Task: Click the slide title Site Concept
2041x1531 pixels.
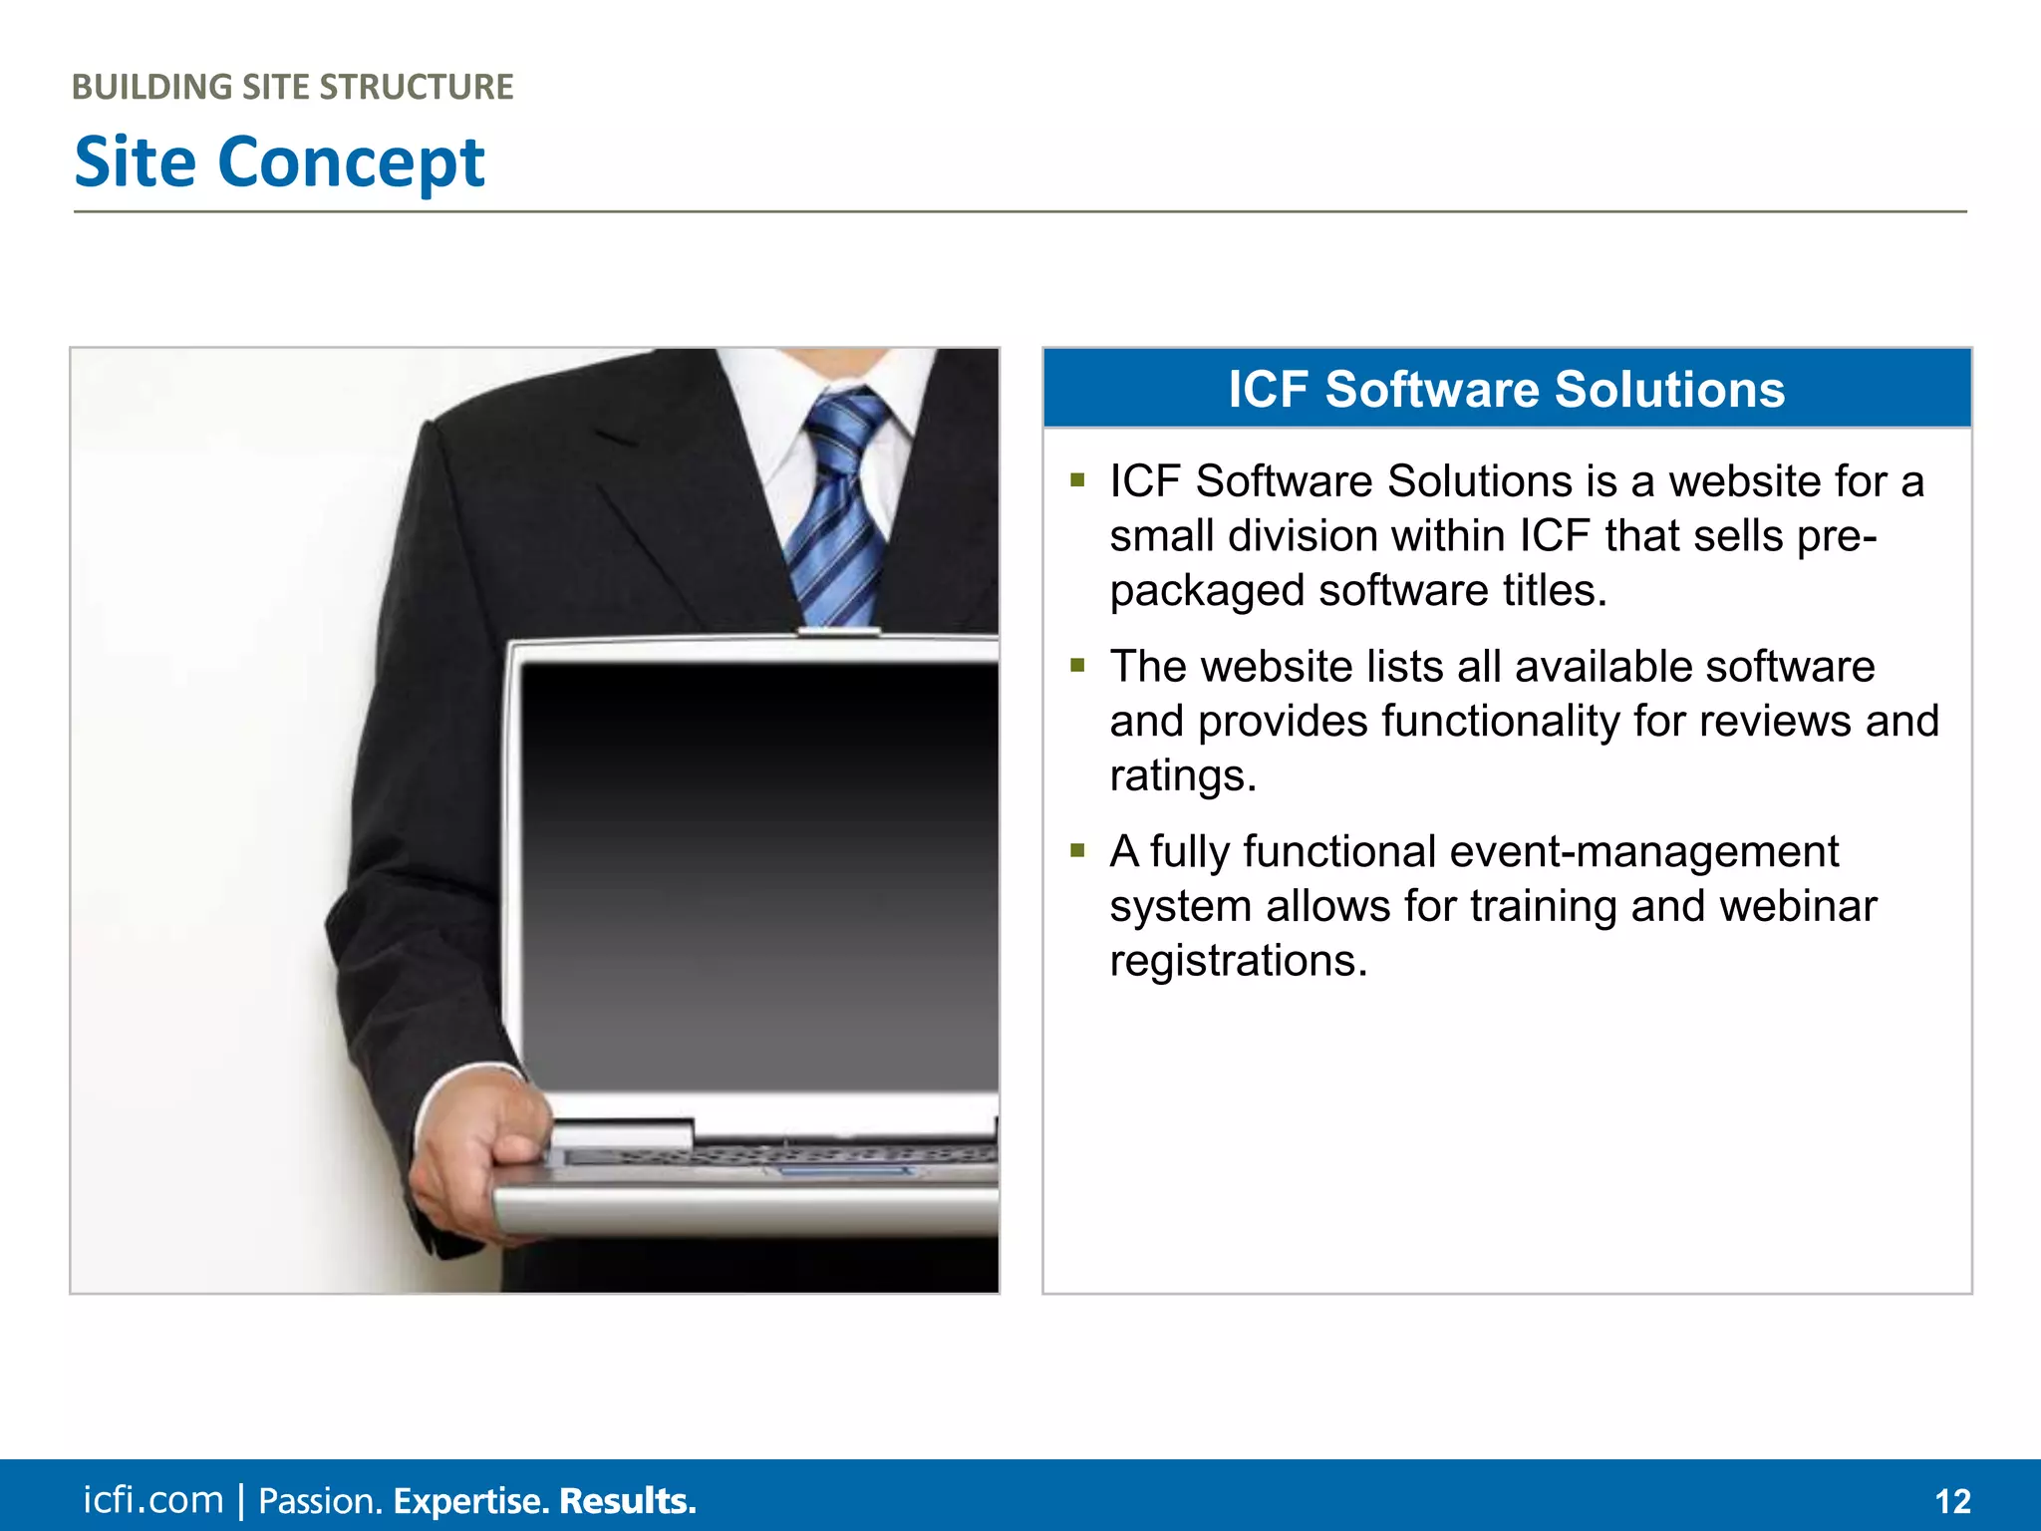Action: (x=279, y=162)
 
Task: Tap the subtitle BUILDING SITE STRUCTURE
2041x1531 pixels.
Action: (x=292, y=88)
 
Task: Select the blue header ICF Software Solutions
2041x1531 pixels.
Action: (x=1506, y=389)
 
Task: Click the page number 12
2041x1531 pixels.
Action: (x=1952, y=1501)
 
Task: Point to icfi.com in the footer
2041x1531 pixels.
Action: (x=152, y=1500)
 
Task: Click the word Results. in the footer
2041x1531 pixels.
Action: (x=627, y=1501)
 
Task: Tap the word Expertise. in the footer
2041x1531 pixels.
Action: (x=470, y=1501)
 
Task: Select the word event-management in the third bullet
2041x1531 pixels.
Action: (x=1643, y=852)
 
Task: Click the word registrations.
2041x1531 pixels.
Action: (x=1239, y=962)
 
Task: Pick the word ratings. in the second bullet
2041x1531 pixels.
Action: (x=1183, y=776)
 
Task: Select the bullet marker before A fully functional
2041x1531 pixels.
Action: (x=1077, y=851)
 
